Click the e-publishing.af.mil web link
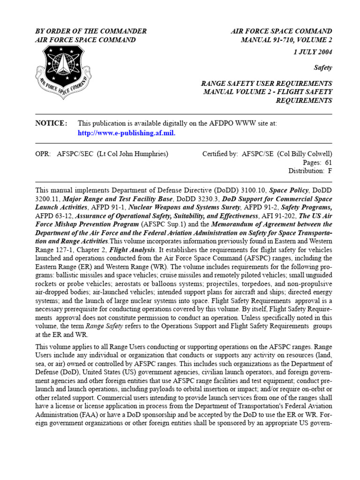click(x=127, y=133)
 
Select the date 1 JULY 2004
click(x=313, y=52)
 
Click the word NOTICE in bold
click(x=51, y=123)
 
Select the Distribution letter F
click(x=330, y=171)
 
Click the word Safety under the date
click(x=323, y=67)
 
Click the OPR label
click(x=43, y=154)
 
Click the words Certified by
click(x=220, y=154)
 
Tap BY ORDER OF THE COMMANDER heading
click(x=91, y=31)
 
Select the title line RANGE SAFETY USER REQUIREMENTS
click(x=266, y=83)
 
